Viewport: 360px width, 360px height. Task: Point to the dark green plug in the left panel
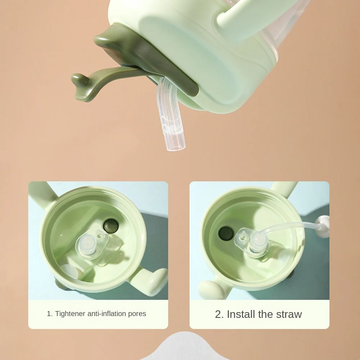tap(111, 226)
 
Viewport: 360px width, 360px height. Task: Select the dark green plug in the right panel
tap(225, 233)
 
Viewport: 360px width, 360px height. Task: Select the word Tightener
tap(71, 314)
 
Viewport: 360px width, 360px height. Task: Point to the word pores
tap(137, 314)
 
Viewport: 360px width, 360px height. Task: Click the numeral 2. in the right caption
tap(219, 314)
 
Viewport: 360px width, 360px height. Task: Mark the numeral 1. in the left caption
tap(50, 314)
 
